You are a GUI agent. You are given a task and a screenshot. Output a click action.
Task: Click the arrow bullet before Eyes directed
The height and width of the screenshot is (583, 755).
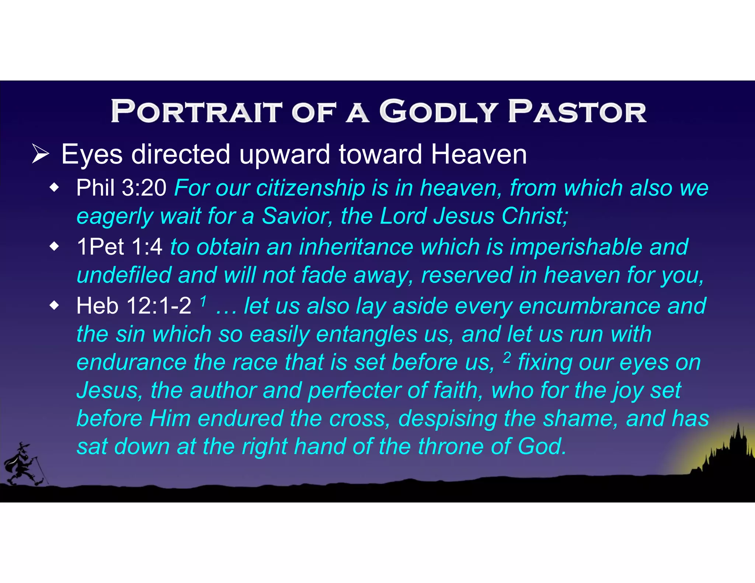point(40,154)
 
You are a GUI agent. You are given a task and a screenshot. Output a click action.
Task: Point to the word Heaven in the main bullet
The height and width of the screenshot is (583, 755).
point(479,154)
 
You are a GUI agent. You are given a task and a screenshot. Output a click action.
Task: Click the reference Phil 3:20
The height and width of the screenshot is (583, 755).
point(121,188)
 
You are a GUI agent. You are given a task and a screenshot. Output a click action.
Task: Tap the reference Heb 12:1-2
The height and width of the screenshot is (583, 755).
point(133,306)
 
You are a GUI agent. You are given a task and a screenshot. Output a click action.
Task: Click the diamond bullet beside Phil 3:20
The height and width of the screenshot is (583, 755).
point(55,188)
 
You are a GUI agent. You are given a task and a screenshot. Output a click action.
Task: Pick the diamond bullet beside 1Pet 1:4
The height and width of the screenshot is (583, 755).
point(55,247)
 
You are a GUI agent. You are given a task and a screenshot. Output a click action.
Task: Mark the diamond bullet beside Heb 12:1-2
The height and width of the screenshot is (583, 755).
point(55,306)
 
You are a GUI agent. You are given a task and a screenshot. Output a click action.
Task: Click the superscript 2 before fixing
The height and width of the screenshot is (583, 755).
point(507,357)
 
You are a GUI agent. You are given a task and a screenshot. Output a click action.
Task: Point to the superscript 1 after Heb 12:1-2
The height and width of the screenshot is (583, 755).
point(203,301)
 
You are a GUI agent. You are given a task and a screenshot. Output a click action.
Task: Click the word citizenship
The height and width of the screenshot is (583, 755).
point(310,188)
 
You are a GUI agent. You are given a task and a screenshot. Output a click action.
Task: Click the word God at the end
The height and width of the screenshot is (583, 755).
point(541,446)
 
